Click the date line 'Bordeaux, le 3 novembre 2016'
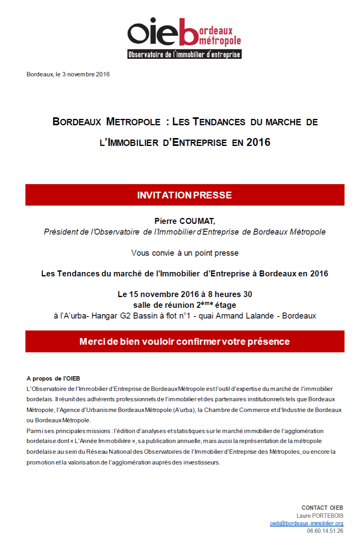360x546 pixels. (68, 74)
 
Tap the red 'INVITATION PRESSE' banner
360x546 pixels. (185, 195)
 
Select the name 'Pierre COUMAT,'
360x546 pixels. (185, 221)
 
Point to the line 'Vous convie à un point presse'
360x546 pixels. (185, 253)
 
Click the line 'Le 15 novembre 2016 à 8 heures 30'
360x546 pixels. (185, 294)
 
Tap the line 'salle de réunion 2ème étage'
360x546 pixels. (185, 305)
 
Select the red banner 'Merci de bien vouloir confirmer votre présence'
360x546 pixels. (185, 342)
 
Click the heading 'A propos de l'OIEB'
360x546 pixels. (53, 379)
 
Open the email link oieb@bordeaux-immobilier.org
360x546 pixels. (306, 523)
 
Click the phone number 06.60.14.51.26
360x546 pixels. (325, 531)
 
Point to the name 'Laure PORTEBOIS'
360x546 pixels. (319, 516)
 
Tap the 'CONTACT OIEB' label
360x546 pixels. (322, 508)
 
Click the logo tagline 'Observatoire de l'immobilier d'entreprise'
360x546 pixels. (184, 54)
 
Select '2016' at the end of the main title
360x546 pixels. (258, 142)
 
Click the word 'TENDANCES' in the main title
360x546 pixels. (219, 122)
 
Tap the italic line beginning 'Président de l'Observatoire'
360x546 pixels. (185, 232)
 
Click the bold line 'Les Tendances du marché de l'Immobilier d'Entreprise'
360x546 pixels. (185, 274)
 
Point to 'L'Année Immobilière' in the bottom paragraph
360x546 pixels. (103, 441)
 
